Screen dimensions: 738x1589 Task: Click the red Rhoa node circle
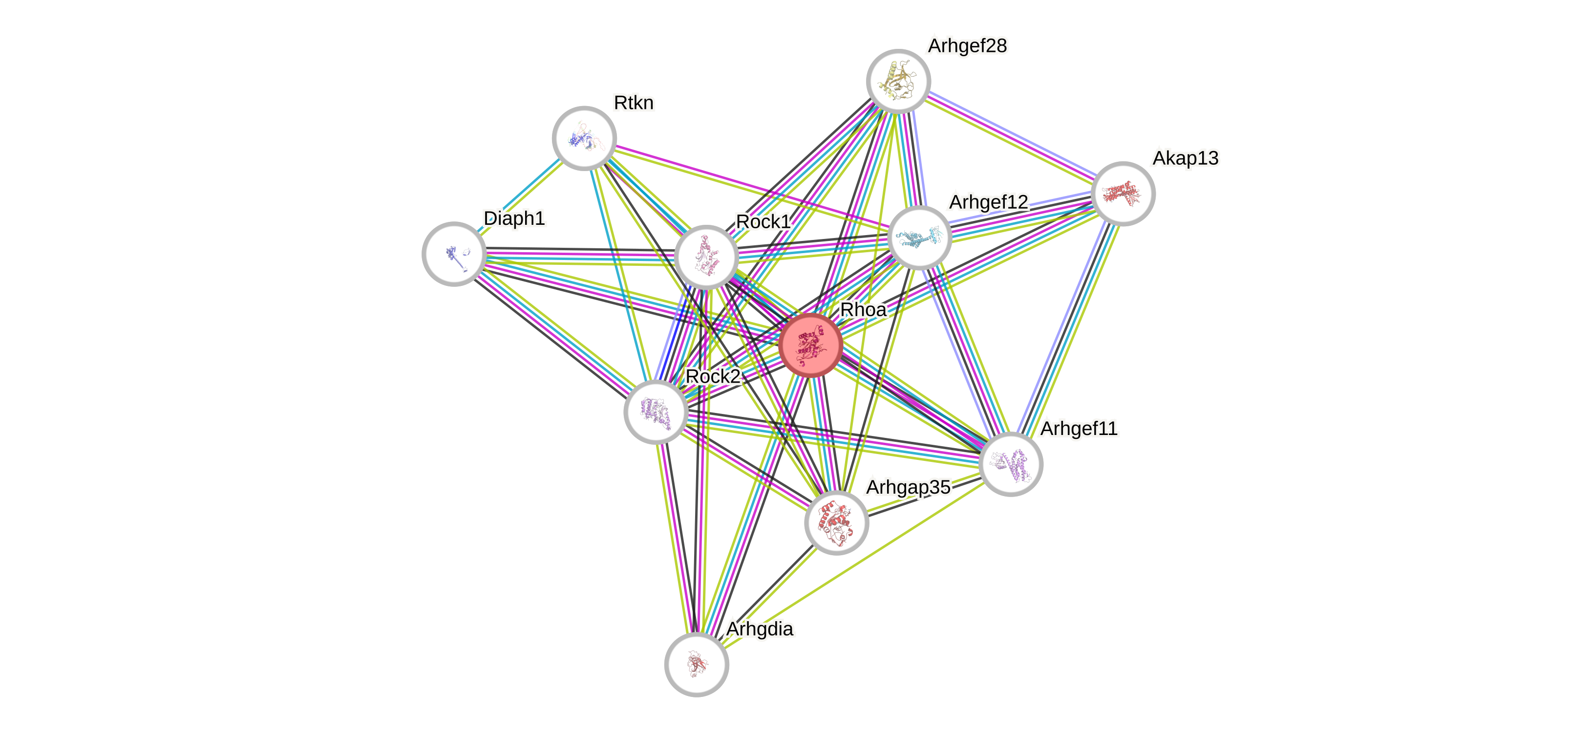click(810, 345)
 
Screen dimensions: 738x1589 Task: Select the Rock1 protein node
click(706, 257)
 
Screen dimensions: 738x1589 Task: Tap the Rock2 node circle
click(656, 412)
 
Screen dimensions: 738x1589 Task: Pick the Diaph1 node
click(454, 254)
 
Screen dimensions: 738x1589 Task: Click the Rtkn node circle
click(584, 138)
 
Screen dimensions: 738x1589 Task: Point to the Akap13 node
click(1123, 194)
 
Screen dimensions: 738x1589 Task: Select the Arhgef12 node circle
click(919, 238)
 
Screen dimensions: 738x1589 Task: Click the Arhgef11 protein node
click(1010, 464)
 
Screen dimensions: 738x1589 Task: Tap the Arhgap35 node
click(836, 522)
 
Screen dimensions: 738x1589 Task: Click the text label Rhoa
click(863, 310)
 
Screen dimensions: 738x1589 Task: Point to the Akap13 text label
click(1185, 158)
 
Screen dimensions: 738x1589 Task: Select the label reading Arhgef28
click(967, 45)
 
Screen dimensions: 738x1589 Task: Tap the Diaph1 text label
click(514, 218)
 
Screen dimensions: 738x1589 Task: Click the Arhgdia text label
click(760, 629)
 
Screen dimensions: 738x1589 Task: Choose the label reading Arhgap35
click(908, 487)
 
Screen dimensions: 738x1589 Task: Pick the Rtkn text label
click(634, 103)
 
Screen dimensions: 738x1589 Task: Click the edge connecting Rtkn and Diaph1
click(519, 196)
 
